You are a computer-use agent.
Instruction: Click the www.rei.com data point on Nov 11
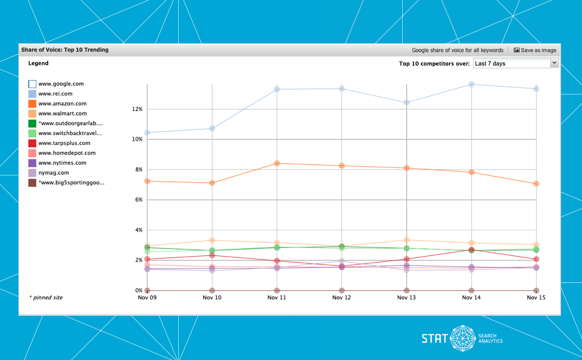click(277, 89)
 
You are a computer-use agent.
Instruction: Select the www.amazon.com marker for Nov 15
click(536, 184)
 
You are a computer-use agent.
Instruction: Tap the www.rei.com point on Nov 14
click(471, 84)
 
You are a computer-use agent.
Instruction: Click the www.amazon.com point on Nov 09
click(147, 181)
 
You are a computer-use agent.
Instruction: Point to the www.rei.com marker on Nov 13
click(407, 103)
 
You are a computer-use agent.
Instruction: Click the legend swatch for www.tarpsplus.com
click(32, 143)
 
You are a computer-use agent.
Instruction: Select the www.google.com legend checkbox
click(32, 84)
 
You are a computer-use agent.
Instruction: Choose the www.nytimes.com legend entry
click(62, 163)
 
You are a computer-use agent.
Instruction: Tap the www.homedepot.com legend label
click(67, 153)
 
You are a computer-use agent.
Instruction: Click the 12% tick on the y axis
click(137, 109)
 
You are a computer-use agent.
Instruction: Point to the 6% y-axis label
click(139, 200)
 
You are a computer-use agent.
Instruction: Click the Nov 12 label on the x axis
click(342, 298)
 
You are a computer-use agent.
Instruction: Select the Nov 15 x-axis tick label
click(536, 298)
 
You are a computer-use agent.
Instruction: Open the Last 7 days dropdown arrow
click(554, 63)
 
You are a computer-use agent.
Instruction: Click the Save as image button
click(535, 50)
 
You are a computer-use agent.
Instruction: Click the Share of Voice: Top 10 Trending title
click(65, 50)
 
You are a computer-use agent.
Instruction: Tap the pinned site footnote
click(46, 298)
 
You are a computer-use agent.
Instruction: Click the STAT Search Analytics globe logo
click(463, 338)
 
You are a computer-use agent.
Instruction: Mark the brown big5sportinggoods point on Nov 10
click(212, 290)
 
